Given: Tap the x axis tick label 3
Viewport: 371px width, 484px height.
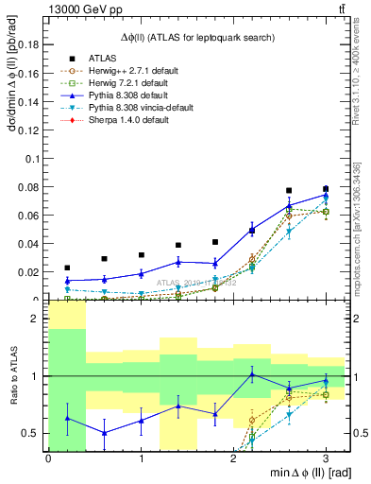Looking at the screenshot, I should (x=326, y=458).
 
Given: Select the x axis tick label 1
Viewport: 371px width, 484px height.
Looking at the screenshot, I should (x=141, y=458).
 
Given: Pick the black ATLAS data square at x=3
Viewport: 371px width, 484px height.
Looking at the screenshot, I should (x=326, y=189).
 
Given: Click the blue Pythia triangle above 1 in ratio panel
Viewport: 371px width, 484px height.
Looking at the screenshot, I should (x=252, y=374).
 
